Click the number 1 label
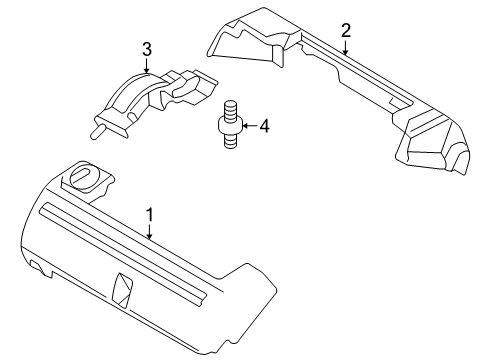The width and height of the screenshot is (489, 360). pos(149,214)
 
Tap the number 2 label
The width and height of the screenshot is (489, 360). pos(345,30)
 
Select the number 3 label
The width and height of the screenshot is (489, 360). pos(146,48)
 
